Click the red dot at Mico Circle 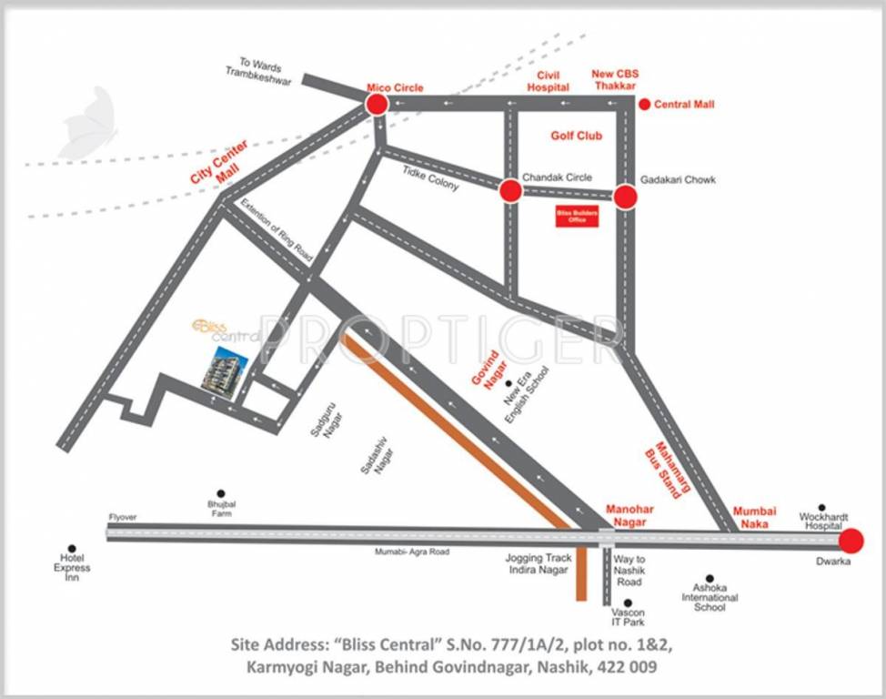[x=377, y=104]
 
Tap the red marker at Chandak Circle [x=510, y=190]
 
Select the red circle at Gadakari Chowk [x=624, y=196]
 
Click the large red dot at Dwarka [x=851, y=541]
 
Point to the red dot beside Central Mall [x=645, y=105]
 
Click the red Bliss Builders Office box [x=577, y=217]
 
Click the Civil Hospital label [x=548, y=81]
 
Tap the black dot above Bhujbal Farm [x=219, y=493]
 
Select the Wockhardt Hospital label [x=821, y=522]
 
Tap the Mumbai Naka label [x=756, y=518]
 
